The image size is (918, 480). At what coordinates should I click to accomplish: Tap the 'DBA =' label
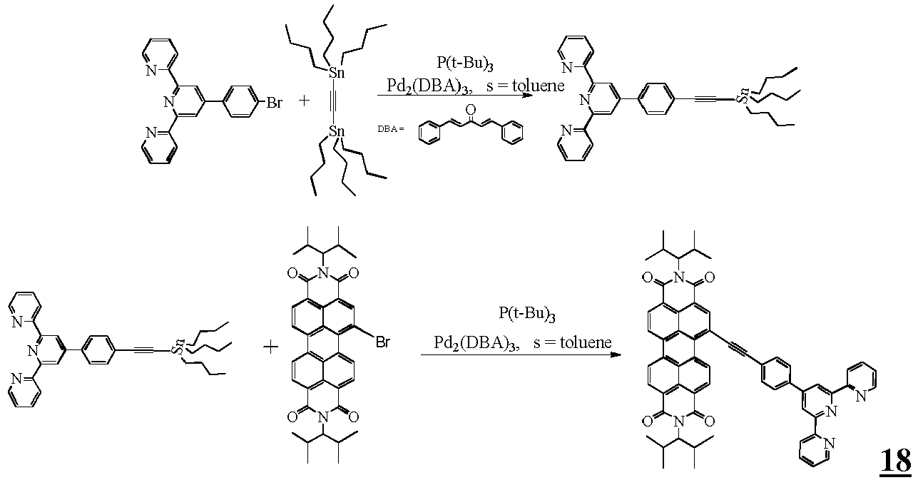pyautogui.click(x=391, y=129)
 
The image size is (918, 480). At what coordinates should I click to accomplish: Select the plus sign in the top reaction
pyautogui.click(x=304, y=101)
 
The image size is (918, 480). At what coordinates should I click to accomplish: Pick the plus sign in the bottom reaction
pyautogui.click(x=271, y=347)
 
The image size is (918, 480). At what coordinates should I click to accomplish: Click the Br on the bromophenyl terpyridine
pyautogui.click(x=275, y=103)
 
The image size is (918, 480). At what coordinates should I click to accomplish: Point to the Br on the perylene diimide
pyautogui.click(x=382, y=342)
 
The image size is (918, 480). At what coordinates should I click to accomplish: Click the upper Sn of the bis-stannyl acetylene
pyautogui.click(x=337, y=73)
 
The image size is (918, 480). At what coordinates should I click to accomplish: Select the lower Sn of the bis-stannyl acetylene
pyautogui.click(x=337, y=131)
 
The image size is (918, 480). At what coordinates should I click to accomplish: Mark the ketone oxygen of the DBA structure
pyautogui.click(x=471, y=109)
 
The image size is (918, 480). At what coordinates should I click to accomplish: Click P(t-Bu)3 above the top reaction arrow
pyautogui.click(x=465, y=63)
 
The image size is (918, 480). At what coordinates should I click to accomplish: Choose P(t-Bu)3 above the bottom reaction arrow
pyautogui.click(x=527, y=315)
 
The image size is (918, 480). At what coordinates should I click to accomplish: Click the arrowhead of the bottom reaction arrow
pyautogui.click(x=615, y=354)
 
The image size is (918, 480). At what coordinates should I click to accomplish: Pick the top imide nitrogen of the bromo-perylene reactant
pyautogui.click(x=323, y=273)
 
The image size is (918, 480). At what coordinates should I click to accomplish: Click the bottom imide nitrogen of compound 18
pyautogui.click(x=678, y=421)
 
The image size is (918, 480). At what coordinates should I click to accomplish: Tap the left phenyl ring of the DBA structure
pyautogui.click(x=428, y=134)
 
